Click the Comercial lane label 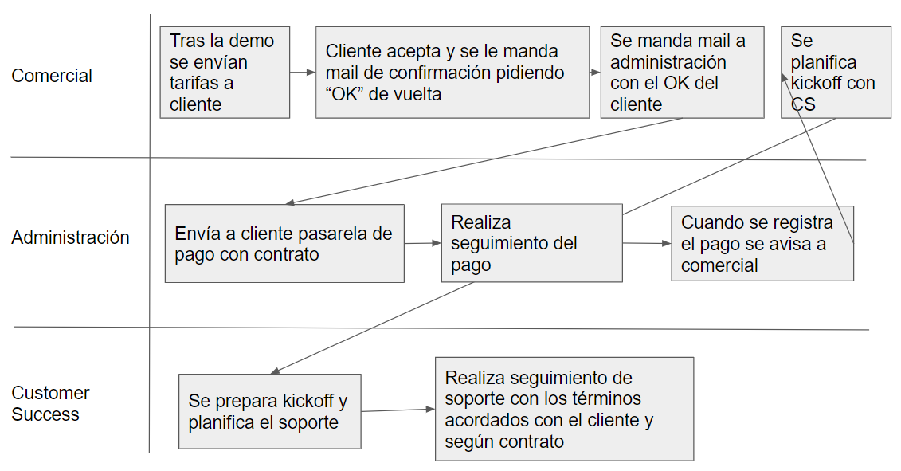coord(52,76)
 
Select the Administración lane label coord(70,237)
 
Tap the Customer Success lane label coord(50,403)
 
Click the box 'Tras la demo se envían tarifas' coord(225,73)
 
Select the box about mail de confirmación coord(452,73)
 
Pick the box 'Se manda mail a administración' coord(682,73)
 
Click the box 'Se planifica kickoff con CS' coord(836,73)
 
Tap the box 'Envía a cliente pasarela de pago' coord(284,243)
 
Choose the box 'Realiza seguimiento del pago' coord(531,243)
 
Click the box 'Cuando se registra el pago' coord(762,243)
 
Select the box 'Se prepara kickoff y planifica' coord(269,411)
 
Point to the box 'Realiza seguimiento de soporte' coord(564,409)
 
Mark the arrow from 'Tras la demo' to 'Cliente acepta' coord(303,73)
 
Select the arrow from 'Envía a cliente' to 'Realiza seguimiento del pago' coord(422,243)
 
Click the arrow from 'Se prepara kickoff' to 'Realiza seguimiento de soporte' coord(398,410)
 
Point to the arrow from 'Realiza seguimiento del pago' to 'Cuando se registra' coord(647,243)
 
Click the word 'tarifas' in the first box coord(201,84)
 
